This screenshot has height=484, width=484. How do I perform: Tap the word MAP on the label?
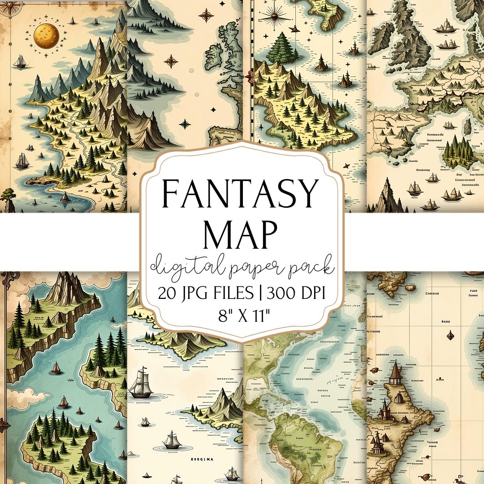tap(242, 232)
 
